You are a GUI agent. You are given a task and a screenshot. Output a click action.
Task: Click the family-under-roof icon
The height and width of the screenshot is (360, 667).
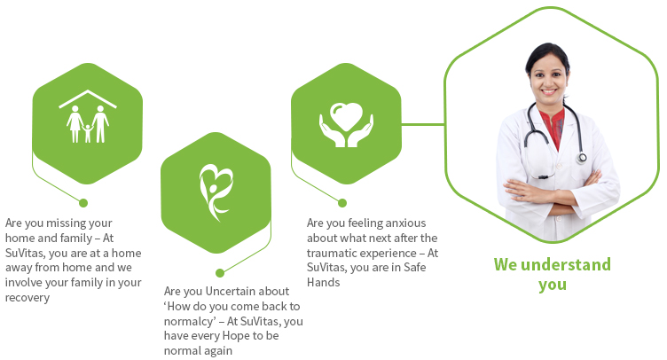(x=88, y=116)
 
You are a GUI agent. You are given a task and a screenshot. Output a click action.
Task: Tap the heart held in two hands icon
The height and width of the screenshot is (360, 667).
(x=346, y=124)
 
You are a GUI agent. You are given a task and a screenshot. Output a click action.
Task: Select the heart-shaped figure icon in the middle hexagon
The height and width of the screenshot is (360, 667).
(x=216, y=192)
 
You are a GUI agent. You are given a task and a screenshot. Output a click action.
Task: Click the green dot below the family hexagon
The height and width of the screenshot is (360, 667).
(x=83, y=203)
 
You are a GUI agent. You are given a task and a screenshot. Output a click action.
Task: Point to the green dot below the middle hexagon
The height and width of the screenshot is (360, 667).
(x=220, y=273)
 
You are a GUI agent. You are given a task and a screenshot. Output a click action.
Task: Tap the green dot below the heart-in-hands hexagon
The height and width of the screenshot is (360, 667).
(x=342, y=203)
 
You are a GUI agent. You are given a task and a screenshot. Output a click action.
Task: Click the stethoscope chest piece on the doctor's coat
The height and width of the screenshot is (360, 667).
(x=582, y=158)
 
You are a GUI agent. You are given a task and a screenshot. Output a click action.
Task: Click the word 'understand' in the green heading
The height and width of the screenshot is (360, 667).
(x=566, y=265)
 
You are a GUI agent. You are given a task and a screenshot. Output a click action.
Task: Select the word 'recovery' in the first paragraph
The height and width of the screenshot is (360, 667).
(x=27, y=298)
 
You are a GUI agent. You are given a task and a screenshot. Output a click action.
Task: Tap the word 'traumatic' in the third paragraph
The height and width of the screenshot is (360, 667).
(x=331, y=253)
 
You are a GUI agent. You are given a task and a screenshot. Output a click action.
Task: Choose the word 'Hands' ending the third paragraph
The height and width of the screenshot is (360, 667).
(x=323, y=282)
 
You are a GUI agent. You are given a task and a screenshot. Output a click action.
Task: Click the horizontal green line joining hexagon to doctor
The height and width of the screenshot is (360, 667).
(x=423, y=124)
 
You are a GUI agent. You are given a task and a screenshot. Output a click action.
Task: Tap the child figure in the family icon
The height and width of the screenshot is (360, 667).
(x=88, y=134)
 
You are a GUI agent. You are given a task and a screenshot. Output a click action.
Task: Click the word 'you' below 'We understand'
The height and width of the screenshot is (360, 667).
(x=553, y=286)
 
